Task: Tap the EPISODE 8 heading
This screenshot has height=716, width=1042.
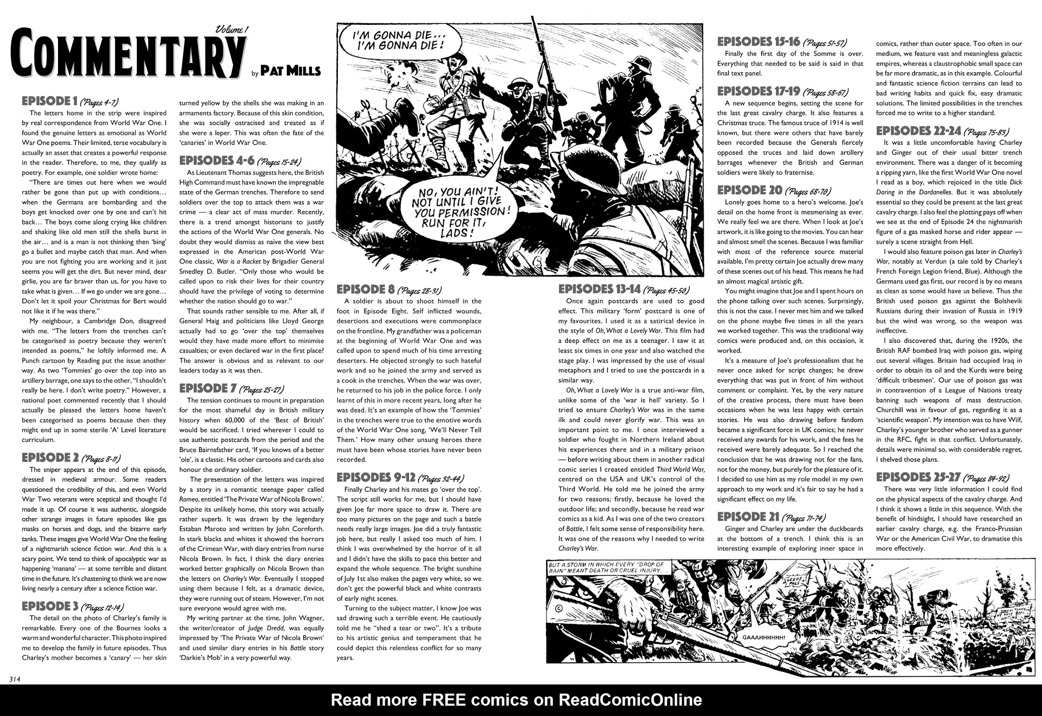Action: click(x=366, y=290)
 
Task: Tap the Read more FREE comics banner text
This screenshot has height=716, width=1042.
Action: click(x=516, y=700)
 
